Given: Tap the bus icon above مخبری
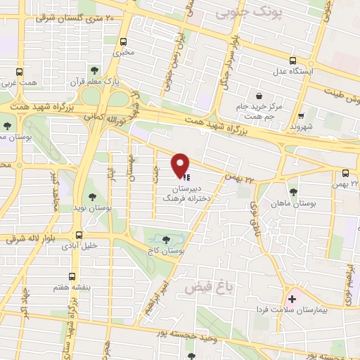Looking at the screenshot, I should [124, 41].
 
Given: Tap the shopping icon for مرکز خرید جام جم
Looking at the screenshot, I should [260, 96].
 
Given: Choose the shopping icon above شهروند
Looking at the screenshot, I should [301, 116].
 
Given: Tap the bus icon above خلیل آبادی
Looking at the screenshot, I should [79, 236].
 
